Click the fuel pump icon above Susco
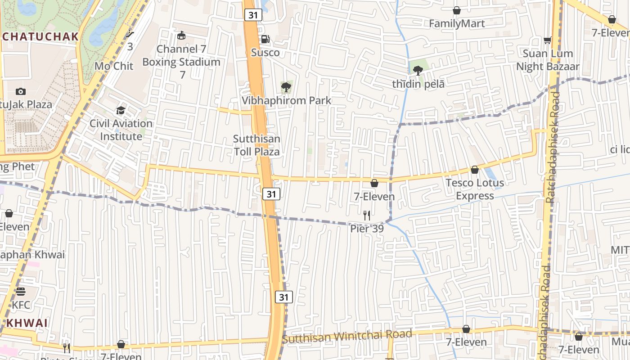click(x=265, y=39)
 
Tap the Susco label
click(x=265, y=53)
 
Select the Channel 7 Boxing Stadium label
click(x=181, y=55)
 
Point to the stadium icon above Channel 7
click(x=181, y=35)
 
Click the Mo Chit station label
click(x=114, y=66)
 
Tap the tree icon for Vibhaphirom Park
click(x=286, y=87)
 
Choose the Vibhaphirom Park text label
click(x=287, y=100)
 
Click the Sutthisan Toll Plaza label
click(x=256, y=145)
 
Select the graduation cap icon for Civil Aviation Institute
click(x=121, y=110)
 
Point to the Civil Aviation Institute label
click(x=121, y=130)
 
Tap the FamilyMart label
click(x=457, y=23)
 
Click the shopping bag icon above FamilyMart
click(x=457, y=10)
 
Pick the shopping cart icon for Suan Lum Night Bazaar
click(x=548, y=40)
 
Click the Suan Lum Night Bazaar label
click(x=548, y=60)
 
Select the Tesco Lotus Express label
click(x=475, y=189)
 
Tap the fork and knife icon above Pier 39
click(x=367, y=216)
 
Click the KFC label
click(x=21, y=305)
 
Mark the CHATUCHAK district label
click(x=40, y=36)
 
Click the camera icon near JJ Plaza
click(x=20, y=91)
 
